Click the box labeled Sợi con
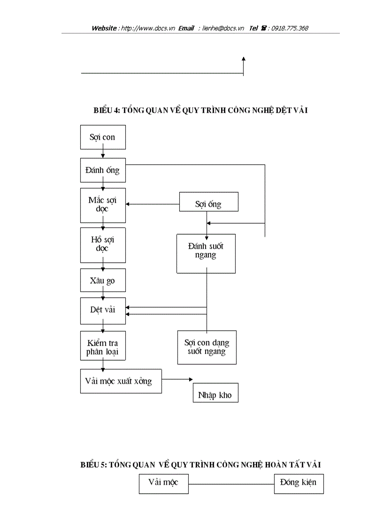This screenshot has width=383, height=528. coord(103,137)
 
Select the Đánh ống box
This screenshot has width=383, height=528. coord(103,170)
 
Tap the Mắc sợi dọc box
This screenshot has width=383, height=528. coord(103,205)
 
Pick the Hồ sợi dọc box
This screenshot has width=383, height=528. coord(103,244)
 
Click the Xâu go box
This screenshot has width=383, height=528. coord(103,281)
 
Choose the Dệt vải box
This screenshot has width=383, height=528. coord(103,310)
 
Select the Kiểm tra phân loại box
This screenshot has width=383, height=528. coord(103,347)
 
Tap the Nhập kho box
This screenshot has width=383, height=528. coord(215,394)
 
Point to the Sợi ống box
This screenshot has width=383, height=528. coord(208,204)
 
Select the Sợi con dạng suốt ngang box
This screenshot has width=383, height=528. coord(207,347)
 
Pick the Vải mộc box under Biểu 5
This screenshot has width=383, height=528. coord(163,483)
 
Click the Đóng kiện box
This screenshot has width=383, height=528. coord(299,483)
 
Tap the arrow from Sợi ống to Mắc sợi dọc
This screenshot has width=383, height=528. coord(153,204)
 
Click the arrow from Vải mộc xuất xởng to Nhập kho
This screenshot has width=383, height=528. coord(177,379)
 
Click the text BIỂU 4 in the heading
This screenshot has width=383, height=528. coord(107,110)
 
